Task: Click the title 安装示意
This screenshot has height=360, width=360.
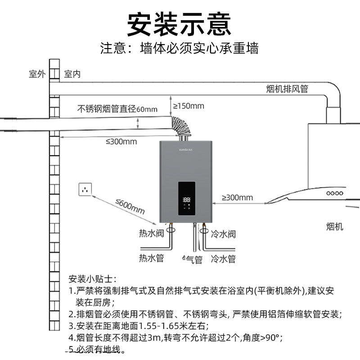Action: coord(180,23)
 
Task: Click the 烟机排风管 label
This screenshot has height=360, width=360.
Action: coord(287,89)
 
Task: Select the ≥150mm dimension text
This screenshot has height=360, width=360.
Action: coord(189,106)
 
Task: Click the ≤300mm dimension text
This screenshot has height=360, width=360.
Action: coord(121,141)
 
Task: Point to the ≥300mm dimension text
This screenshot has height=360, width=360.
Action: coord(237,197)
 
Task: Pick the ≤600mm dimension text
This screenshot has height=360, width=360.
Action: coord(130,207)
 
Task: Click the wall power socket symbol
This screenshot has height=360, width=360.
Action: coord(85,189)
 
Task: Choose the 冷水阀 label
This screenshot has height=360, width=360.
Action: coord(223,234)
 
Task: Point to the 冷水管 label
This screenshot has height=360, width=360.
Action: coord(223,259)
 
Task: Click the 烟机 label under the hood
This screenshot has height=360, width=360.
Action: coord(334,226)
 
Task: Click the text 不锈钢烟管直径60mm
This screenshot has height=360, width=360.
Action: coord(117,108)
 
